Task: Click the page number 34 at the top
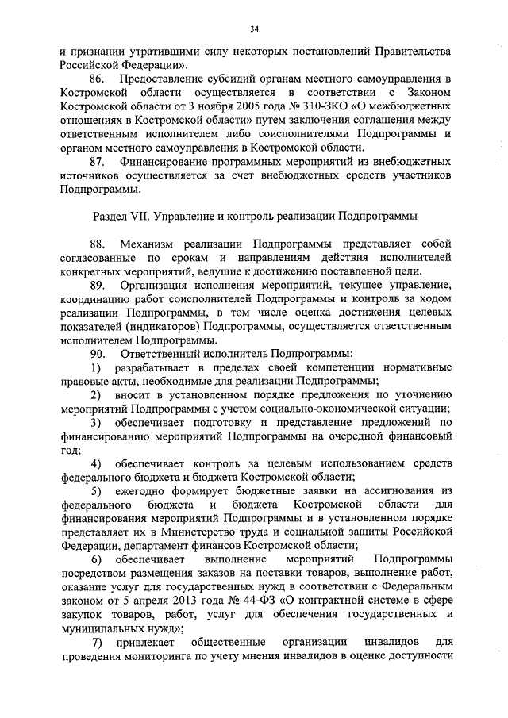pyautogui.click(x=254, y=29)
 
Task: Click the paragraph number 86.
pyautogui.click(x=98, y=80)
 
